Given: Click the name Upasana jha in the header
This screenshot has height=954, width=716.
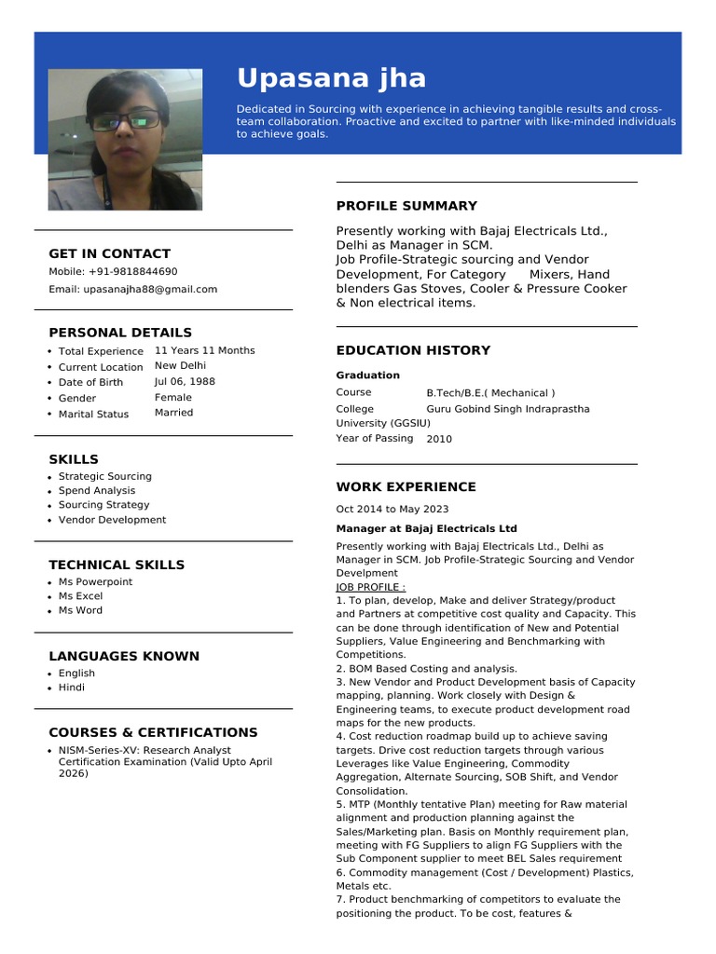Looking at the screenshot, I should (x=331, y=78).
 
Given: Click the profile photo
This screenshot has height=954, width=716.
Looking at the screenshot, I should (x=125, y=139).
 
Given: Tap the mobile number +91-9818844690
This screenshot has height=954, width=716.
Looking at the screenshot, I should (x=133, y=272).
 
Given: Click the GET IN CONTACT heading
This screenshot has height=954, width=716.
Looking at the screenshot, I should (x=109, y=253).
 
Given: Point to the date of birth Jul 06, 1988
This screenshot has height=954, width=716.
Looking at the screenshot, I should (x=185, y=382).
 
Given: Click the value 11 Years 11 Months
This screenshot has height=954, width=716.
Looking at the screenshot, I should (x=204, y=351).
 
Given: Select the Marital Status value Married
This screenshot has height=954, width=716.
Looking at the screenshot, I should (x=173, y=413).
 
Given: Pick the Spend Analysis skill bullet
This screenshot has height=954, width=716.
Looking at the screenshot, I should (x=96, y=491).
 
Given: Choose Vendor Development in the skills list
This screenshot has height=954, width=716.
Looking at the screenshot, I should (x=112, y=520).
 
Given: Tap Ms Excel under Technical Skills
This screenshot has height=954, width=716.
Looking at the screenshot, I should (x=80, y=596).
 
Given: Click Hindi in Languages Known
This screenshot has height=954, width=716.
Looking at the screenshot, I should (x=71, y=688).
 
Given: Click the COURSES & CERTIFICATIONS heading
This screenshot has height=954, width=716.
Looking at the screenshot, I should (x=153, y=732).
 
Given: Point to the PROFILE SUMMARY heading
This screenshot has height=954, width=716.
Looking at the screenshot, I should (x=406, y=206).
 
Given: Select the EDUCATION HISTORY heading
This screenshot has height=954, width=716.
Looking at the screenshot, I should (x=413, y=350).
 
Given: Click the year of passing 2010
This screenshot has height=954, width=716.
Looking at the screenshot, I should (x=439, y=439).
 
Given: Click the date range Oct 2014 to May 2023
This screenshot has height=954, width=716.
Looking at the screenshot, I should (x=392, y=510).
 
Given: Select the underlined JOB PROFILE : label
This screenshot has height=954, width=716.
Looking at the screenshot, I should (x=370, y=588).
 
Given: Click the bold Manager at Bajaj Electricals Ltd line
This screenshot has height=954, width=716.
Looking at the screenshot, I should (x=426, y=528).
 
